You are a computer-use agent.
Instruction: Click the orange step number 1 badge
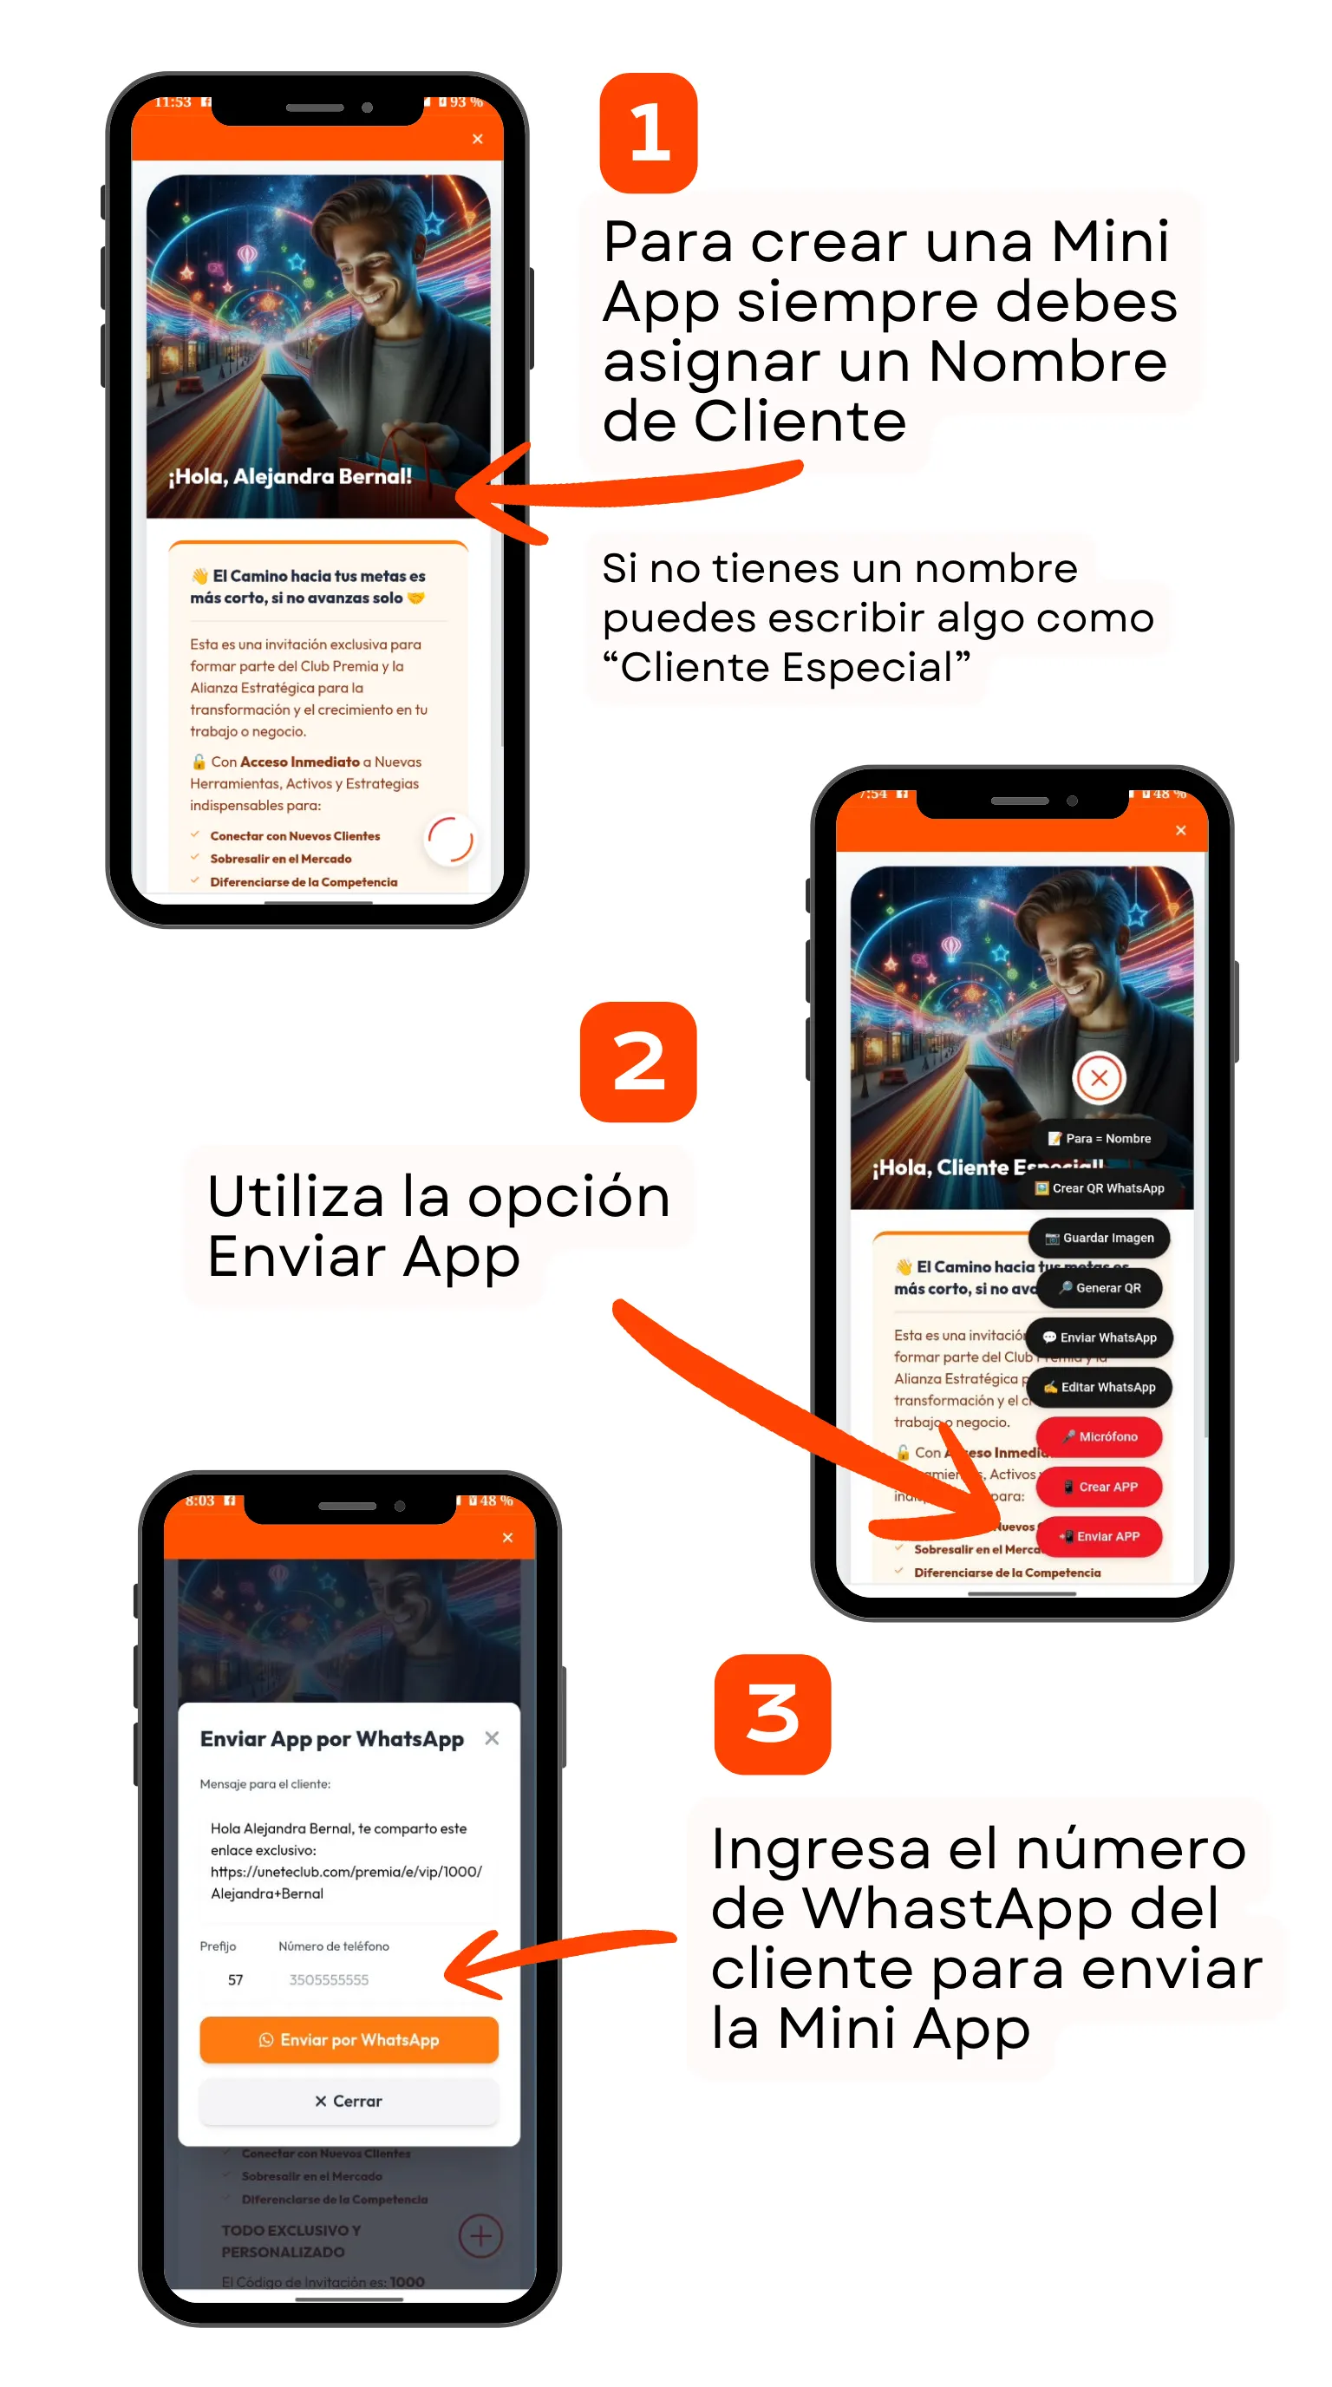point(648,134)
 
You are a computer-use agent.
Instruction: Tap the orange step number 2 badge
point(637,1061)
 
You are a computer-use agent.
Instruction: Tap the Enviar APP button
point(1099,1535)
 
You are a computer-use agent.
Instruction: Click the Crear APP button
point(1099,1487)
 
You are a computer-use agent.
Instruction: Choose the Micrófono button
point(1099,1436)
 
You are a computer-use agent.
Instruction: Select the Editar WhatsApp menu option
point(1099,1387)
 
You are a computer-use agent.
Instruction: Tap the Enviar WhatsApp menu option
point(1099,1337)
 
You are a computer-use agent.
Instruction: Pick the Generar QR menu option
point(1099,1287)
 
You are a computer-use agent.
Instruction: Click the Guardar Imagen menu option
point(1099,1238)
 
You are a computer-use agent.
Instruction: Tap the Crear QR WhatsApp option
point(1099,1188)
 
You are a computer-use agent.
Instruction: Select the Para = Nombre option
point(1099,1138)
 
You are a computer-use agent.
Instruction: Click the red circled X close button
point(1099,1077)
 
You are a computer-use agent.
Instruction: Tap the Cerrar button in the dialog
point(349,2100)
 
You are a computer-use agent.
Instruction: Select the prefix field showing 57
point(235,1979)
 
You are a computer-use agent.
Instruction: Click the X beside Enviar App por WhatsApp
point(492,1738)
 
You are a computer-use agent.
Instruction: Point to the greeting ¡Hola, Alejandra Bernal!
point(290,476)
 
